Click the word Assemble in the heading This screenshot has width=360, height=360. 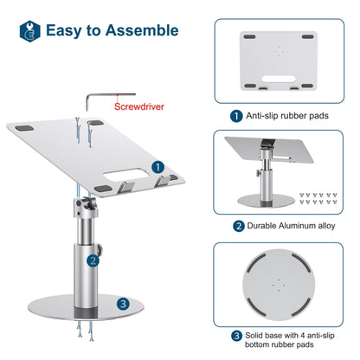(141, 30)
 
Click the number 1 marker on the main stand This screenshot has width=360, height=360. (157, 166)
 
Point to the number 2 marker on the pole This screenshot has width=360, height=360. (91, 257)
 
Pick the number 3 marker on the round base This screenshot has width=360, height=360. (125, 303)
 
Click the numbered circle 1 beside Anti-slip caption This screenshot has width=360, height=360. (235, 114)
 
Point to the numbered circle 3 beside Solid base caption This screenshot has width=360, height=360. (235, 335)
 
